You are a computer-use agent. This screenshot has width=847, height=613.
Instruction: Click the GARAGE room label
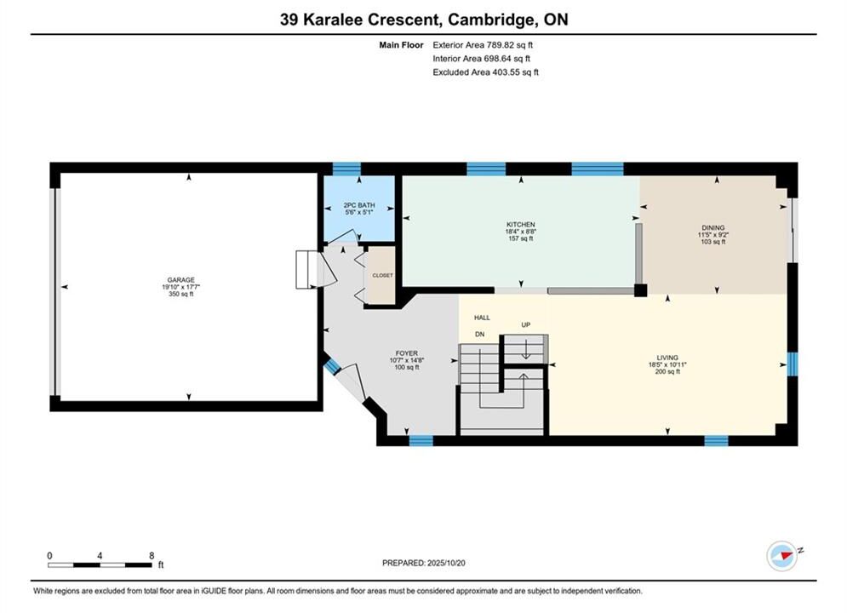[180, 280]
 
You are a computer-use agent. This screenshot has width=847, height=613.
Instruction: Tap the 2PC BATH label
[359, 205]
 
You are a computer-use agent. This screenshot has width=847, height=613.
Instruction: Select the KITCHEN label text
[521, 225]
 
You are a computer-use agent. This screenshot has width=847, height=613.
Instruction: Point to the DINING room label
[713, 228]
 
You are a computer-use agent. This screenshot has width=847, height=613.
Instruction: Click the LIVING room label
[667, 358]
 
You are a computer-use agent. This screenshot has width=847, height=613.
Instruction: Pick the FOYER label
[406, 353]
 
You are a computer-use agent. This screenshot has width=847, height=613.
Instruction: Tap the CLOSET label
[382, 276]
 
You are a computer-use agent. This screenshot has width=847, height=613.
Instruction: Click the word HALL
[482, 318]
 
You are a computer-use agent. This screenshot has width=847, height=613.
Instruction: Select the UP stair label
[525, 324]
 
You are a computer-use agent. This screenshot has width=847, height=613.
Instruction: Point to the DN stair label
[479, 335]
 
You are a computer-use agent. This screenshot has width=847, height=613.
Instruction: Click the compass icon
[782, 555]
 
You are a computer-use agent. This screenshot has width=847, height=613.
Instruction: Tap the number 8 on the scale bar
[152, 555]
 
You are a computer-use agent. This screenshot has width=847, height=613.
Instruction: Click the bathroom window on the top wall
[346, 169]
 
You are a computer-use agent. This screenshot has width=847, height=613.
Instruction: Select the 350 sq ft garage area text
[181, 294]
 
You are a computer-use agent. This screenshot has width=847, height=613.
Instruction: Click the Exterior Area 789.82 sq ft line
[483, 45]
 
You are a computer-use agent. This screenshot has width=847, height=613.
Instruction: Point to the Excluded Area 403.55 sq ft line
[485, 72]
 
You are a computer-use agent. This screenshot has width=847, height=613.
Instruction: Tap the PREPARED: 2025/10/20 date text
[424, 563]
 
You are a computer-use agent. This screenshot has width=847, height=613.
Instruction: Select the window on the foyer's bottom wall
[421, 441]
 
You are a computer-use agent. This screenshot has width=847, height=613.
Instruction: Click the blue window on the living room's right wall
[792, 364]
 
